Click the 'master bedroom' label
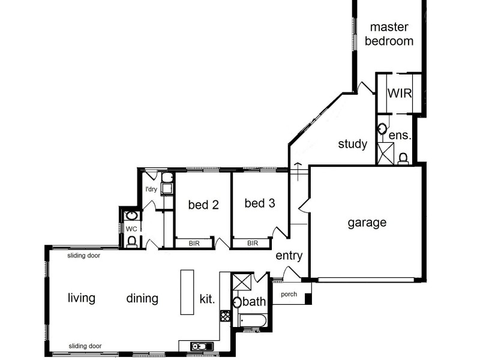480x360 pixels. (389, 34)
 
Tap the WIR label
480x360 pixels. (400, 94)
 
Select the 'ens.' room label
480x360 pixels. (400, 135)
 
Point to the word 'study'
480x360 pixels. (353, 144)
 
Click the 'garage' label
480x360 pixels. (367, 223)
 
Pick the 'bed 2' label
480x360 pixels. (203, 205)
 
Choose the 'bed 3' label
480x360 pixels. (260, 203)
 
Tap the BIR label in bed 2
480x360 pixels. (194, 244)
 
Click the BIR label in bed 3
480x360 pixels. (253, 243)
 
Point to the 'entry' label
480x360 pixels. (289, 256)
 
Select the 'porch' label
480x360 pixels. (289, 294)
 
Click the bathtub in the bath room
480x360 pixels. (253, 320)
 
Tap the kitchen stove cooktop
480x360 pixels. (225, 316)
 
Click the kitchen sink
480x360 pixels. (202, 346)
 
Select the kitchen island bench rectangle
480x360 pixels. (187, 292)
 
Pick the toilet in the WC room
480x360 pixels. (131, 241)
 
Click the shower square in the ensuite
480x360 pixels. (385, 154)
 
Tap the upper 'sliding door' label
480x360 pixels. (84, 256)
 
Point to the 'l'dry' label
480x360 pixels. (151, 189)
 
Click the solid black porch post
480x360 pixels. (308, 299)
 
